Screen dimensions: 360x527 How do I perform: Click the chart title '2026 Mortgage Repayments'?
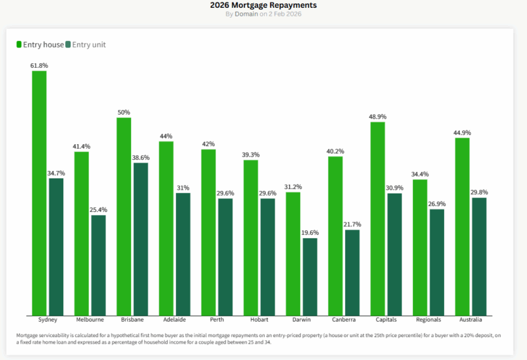point(263,5)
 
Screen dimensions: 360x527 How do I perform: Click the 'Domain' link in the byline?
point(245,14)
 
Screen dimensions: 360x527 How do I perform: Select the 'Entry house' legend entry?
point(40,45)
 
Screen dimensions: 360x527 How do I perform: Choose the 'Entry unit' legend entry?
point(85,45)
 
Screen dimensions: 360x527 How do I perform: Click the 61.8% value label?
point(39,66)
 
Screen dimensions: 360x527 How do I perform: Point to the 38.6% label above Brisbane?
point(140,158)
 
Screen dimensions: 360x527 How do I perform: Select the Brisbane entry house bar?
point(124,217)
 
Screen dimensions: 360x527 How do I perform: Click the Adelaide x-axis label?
point(166,321)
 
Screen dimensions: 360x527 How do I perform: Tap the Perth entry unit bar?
point(225,257)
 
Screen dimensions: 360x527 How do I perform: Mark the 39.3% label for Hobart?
point(251,155)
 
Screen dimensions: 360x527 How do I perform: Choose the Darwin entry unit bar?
point(310,276)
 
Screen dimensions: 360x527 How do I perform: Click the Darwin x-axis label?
point(302,321)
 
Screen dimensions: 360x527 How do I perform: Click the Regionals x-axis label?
point(428,321)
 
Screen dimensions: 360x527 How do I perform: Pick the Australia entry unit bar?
point(479,257)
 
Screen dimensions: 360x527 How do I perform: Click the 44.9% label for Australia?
point(462,132)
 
